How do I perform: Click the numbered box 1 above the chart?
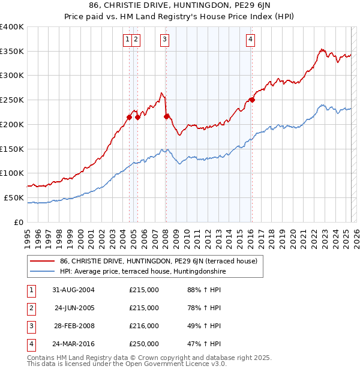point(128,40)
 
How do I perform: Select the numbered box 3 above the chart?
point(164,40)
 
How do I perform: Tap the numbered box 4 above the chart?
point(250,40)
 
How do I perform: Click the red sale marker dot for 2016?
point(252,100)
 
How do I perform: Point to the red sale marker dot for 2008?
point(166,116)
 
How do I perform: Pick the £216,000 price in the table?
point(144,326)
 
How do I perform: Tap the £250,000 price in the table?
point(144,344)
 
